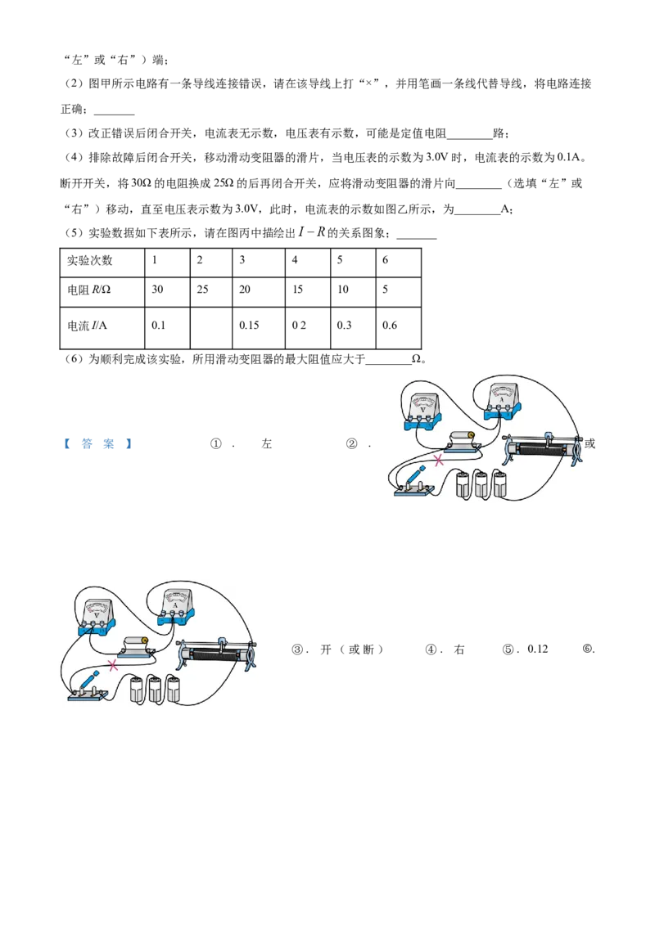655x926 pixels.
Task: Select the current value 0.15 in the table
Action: [x=249, y=326]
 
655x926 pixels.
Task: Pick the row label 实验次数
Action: [x=89, y=260]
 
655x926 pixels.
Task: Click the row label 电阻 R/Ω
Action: [x=88, y=290]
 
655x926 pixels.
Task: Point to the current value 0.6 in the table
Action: [x=390, y=326]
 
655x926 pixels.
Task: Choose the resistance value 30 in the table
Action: [x=157, y=290]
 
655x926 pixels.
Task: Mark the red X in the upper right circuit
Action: [x=439, y=461]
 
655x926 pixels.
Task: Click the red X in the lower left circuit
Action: [x=113, y=666]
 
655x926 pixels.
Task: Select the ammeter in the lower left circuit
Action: [x=175, y=606]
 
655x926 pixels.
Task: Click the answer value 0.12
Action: [x=538, y=649]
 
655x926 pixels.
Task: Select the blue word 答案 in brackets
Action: [x=97, y=444]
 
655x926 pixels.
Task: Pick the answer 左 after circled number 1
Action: [x=267, y=444]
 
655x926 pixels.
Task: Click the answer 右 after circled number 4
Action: [x=459, y=650]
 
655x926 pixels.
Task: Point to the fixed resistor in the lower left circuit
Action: [x=135, y=646]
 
